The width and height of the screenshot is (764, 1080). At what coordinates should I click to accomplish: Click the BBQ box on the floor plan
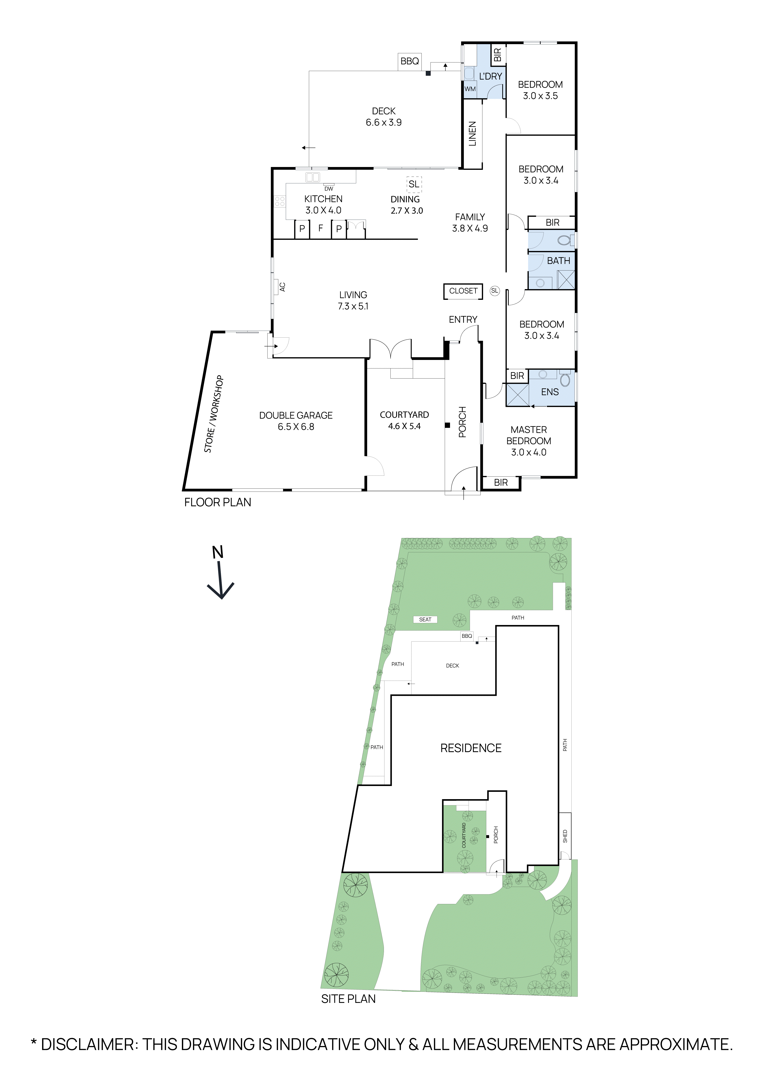coord(409,61)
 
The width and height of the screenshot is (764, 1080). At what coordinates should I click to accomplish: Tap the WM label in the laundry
coord(470,89)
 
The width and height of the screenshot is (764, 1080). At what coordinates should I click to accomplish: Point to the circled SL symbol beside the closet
coord(494,291)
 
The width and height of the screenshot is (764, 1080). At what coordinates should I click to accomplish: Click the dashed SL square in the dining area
coord(414,184)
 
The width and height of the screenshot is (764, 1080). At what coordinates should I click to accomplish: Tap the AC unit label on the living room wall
coord(282,286)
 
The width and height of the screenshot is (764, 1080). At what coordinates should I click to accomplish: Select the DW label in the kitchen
coord(329,189)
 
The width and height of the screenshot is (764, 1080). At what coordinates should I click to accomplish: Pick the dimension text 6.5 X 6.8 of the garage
coord(296,427)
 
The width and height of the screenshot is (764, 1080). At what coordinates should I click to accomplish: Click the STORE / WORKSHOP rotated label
coord(214,414)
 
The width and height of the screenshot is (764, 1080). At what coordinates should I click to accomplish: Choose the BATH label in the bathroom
coord(558,261)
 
